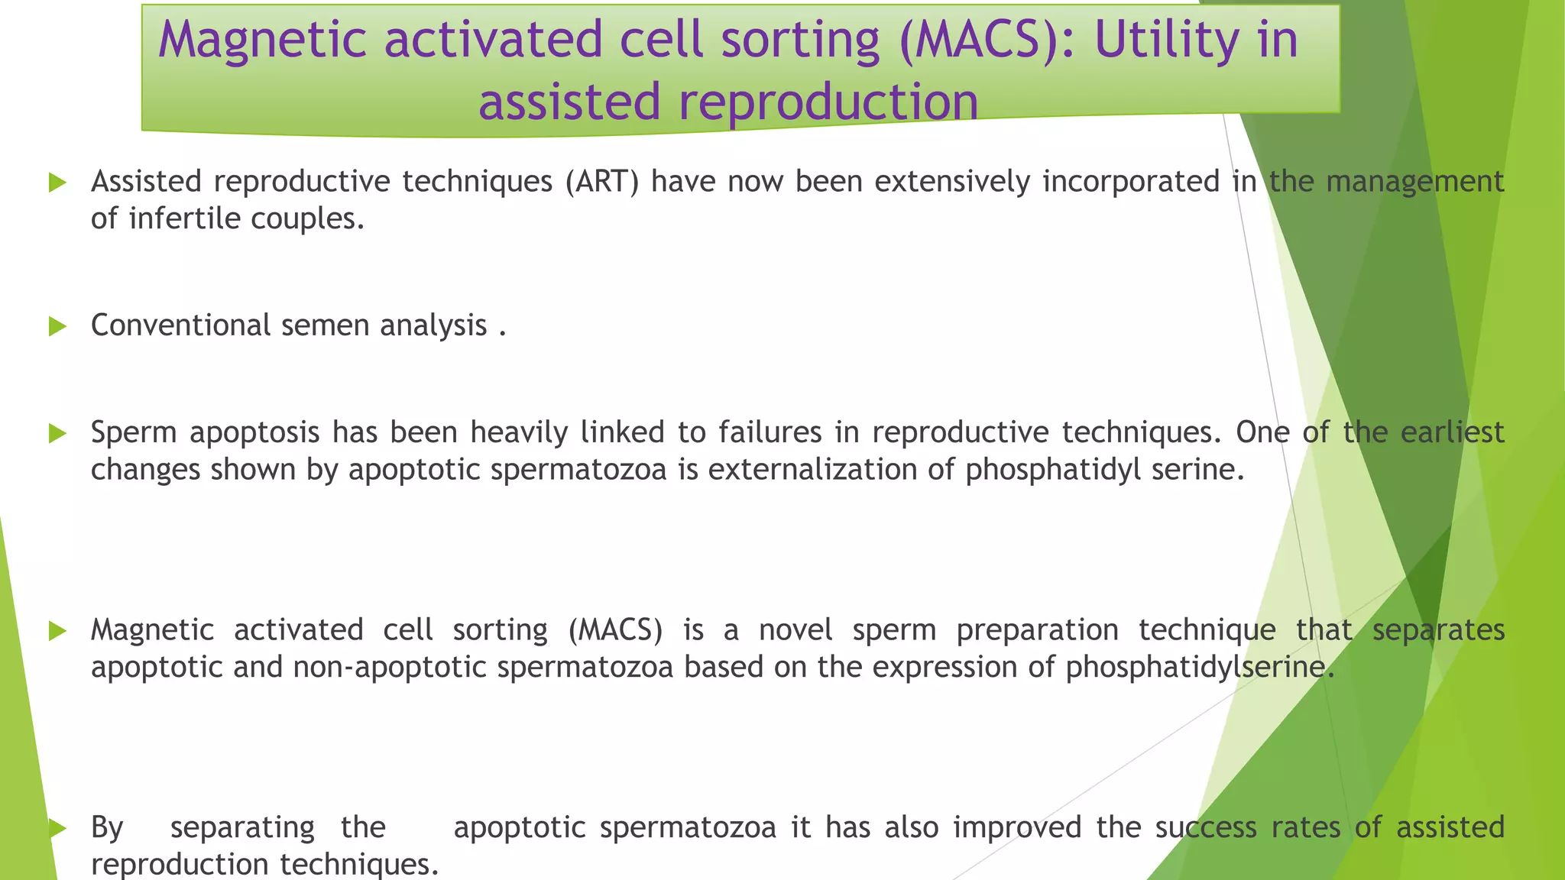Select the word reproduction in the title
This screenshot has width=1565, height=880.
pos(828,103)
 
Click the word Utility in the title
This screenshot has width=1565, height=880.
pos(1166,40)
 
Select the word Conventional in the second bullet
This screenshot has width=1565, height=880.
pos(180,325)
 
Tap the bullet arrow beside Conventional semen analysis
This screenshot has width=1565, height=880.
pos(57,326)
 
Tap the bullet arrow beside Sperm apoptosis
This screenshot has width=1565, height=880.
pos(57,434)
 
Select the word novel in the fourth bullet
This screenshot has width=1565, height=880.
pos(795,630)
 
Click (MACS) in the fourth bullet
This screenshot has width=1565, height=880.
pos(615,630)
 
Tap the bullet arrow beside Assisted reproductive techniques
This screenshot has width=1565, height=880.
pos(57,183)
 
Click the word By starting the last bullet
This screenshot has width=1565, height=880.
pos(107,828)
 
